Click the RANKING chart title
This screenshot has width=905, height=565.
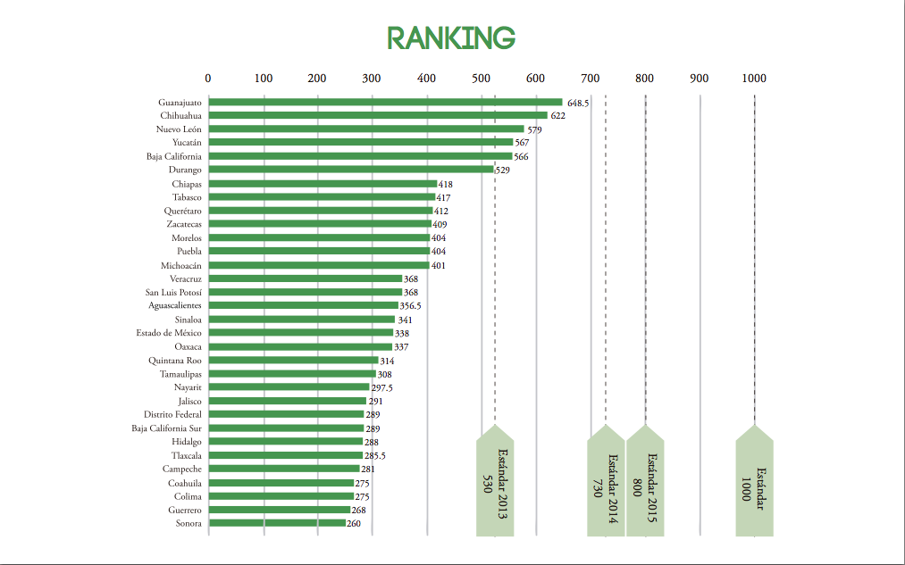451,37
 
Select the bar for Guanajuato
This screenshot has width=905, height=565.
385,102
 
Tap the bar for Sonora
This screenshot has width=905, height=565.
277,523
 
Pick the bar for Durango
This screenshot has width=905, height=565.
351,170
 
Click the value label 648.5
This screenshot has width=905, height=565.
578,103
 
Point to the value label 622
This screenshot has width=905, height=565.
557,116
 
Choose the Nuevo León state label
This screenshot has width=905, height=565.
179,129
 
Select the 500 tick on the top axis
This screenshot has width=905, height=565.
481,79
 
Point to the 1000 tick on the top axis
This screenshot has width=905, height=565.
754,79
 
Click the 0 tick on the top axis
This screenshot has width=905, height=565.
208,79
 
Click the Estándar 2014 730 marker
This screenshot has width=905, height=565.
606,486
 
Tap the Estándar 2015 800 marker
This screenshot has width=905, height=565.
644,486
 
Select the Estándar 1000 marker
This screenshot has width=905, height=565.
754,486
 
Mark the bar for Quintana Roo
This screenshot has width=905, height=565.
293,361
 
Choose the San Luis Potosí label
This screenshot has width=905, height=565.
173,292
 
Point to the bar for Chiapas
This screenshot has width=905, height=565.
323,184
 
